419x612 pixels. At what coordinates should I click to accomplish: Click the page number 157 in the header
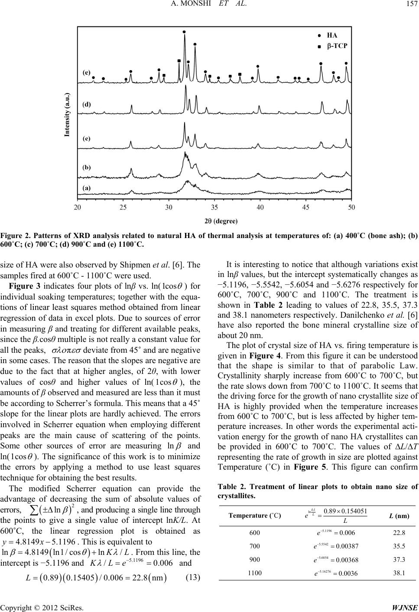point(409,5)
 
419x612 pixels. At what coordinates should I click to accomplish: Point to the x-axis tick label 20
point(78,207)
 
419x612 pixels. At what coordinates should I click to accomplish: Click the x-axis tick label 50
point(351,207)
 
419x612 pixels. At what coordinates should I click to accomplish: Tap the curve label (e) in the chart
point(87,73)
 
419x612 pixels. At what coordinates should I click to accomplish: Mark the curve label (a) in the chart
point(87,187)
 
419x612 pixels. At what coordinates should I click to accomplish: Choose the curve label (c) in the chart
point(87,139)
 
